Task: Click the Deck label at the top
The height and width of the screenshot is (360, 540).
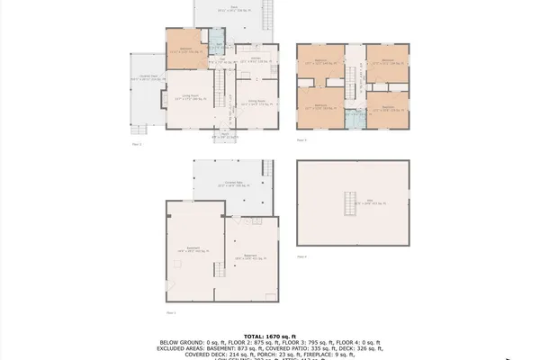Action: [234, 9]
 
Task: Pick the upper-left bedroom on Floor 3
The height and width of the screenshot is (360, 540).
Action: [320, 62]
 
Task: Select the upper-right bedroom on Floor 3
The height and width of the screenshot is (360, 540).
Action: [388, 62]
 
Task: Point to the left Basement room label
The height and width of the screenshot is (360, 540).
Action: [193, 249]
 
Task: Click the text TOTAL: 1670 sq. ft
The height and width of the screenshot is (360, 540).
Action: [270, 336]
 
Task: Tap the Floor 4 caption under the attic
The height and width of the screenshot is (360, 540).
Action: [301, 256]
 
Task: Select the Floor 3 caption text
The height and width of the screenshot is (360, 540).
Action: [301, 140]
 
